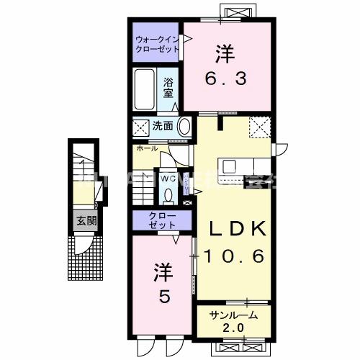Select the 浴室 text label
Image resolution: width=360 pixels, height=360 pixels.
coord(168,87)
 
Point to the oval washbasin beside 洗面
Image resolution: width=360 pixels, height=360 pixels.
coord(184,127)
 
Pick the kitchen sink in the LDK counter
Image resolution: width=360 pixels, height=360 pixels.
coord(229,166)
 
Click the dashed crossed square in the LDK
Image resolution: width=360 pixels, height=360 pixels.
coord(259,127)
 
